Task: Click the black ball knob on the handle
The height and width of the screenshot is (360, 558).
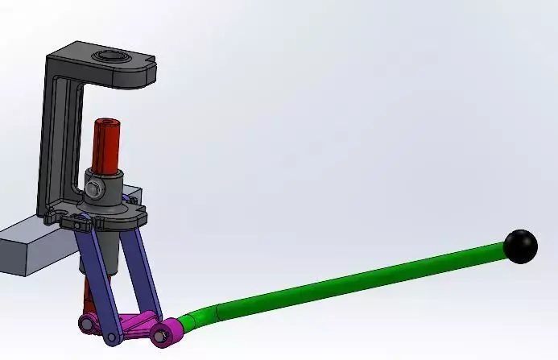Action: point(521,246)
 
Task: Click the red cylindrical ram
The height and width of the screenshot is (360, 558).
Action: point(106,145)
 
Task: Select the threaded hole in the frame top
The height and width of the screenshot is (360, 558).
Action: point(108,57)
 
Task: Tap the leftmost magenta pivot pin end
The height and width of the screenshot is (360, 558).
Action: point(85,324)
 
